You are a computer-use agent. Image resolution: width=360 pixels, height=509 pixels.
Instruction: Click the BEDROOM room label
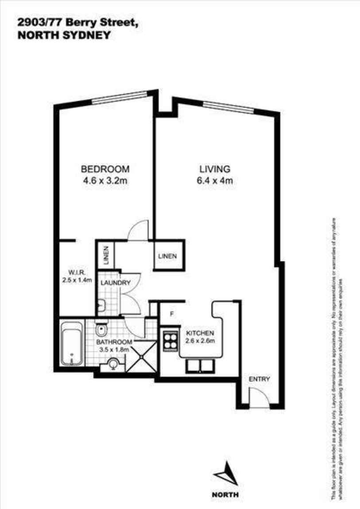click(x=105, y=169)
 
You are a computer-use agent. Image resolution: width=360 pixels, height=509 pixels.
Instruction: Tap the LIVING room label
click(x=215, y=169)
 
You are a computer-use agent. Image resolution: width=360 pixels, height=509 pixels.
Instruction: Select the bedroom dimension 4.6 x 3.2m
click(x=105, y=181)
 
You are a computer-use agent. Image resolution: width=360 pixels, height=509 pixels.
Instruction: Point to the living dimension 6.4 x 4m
click(x=215, y=181)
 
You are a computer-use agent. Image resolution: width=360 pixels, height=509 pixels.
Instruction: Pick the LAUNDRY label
click(x=115, y=283)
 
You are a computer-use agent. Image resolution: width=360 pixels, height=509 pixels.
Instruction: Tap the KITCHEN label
click(x=200, y=333)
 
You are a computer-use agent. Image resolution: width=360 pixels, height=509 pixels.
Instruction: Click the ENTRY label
click(x=259, y=379)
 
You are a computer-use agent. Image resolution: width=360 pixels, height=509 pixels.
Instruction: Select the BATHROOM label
click(x=114, y=342)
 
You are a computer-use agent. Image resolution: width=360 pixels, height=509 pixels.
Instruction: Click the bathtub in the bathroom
click(x=71, y=343)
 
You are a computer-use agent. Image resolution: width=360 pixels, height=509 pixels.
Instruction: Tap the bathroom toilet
click(x=101, y=329)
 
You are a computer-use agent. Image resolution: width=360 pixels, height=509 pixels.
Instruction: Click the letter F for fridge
click(x=172, y=315)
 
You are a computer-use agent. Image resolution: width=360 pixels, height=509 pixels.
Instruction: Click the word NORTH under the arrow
click(x=225, y=495)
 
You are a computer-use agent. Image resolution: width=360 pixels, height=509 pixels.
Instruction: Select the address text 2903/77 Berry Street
click(x=77, y=21)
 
